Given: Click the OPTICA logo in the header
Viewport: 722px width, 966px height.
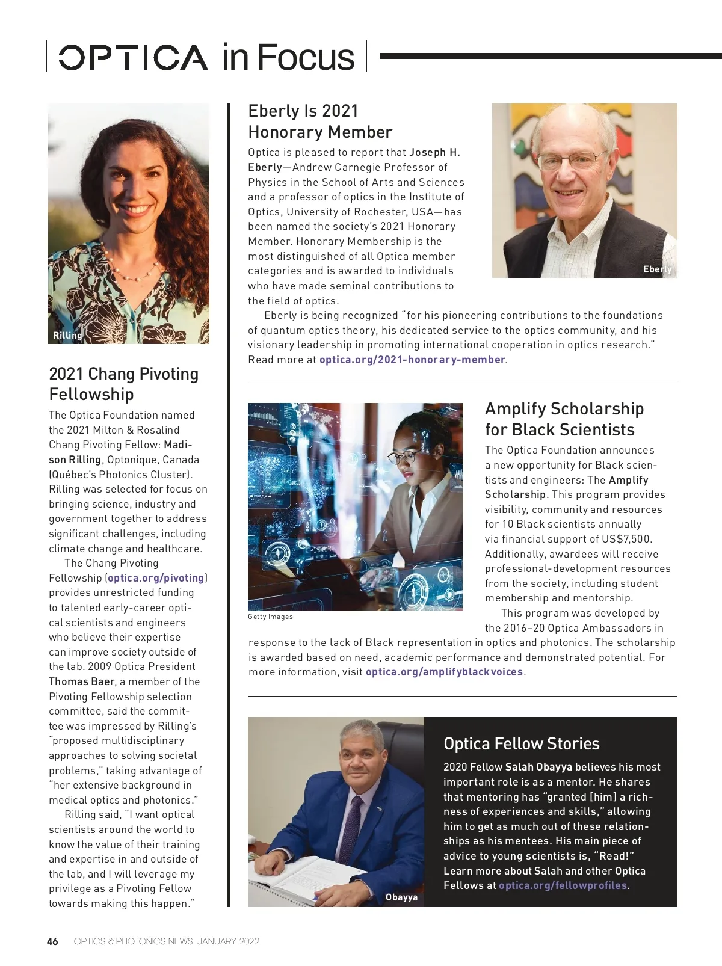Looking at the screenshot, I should coord(132,57).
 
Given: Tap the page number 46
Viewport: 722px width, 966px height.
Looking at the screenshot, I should coord(53,941).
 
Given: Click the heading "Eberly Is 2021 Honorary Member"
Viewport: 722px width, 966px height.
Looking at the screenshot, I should coord(320,122).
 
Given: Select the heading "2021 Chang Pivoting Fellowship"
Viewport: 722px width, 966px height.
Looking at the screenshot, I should coord(123,384).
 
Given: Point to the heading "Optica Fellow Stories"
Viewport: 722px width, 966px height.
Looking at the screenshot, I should coord(521,744).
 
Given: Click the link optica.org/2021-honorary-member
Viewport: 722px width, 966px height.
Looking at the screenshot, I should coord(412,360).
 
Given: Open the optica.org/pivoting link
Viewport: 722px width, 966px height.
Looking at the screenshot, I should coord(156,578).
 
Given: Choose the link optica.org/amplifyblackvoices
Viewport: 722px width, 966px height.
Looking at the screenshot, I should coord(445,672).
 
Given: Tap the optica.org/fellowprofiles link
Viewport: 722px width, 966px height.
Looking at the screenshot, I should coord(563,885).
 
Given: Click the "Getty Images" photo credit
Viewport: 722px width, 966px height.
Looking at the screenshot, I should coord(270,617).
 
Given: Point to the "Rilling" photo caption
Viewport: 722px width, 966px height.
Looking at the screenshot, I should coord(67,336).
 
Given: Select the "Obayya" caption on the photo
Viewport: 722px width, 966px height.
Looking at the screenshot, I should coord(401,897).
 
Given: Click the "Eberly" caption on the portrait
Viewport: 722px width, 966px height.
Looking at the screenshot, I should coord(657,269).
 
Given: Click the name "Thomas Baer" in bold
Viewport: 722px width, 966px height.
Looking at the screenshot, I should coord(83,681).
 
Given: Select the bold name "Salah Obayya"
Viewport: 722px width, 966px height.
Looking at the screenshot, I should coord(538,767).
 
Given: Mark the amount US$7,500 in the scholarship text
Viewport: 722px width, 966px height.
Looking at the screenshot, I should coord(625,539).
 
